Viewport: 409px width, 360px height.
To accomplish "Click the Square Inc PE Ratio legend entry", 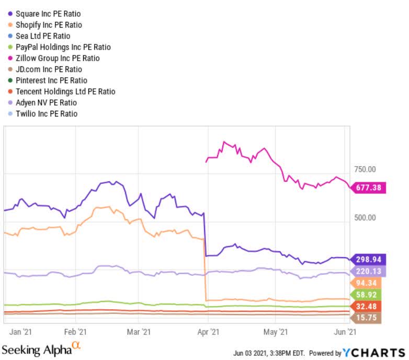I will point(48,14).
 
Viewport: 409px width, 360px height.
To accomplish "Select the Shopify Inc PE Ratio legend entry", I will point(49,25).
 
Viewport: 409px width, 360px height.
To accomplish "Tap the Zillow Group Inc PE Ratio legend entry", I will point(57,58).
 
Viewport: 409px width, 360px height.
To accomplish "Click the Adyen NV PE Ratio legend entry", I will point(46,102).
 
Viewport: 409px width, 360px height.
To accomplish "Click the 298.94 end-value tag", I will point(369,260).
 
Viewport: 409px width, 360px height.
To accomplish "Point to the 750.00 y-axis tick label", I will point(365,169).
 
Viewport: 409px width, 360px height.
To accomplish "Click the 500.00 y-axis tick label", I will point(365,217).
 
